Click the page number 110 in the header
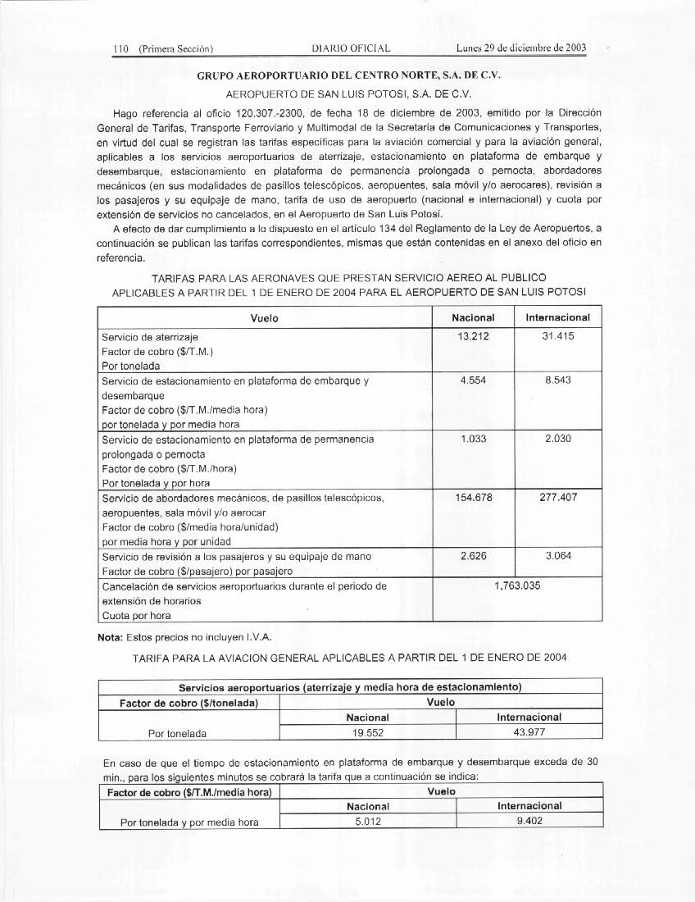pyautogui.click(x=123, y=48)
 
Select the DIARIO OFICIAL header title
pyautogui.click(x=352, y=48)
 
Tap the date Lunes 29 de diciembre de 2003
pyautogui.click(x=522, y=48)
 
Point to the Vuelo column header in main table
pyautogui.click(x=265, y=318)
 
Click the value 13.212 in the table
pyautogui.click(x=473, y=336)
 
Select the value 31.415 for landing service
pyautogui.click(x=557, y=336)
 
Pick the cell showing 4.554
pyautogui.click(x=473, y=380)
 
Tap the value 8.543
pyautogui.click(x=557, y=380)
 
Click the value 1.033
pyautogui.click(x=473, y=439)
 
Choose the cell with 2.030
pyautogui.click(x=557, y=439)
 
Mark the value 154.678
pyautogui.click(x=473, y=497)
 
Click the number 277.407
pyautogui.click(x=557, y=497)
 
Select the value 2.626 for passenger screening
pyautogui.click(x=473, y=556)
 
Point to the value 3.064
pyautogui.click(x=557, y=556)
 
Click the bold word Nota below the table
pyautogui.click(x=112, y=636)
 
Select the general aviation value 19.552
pyautogui.click(x=367, y=731)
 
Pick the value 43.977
pyautogui.click(x=529, y=731)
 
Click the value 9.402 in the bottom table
pyautogui.click(x=529, y=822)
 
